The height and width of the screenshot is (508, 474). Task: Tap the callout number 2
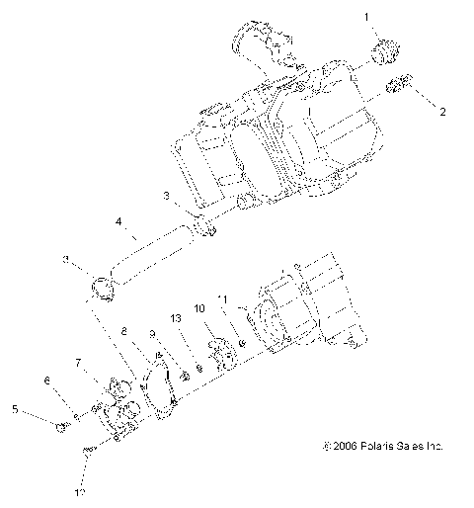[442, 112]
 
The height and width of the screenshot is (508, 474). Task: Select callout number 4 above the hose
[118, 223]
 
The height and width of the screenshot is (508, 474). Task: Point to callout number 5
[14, 407]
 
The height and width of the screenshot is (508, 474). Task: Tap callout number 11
[223, 298]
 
